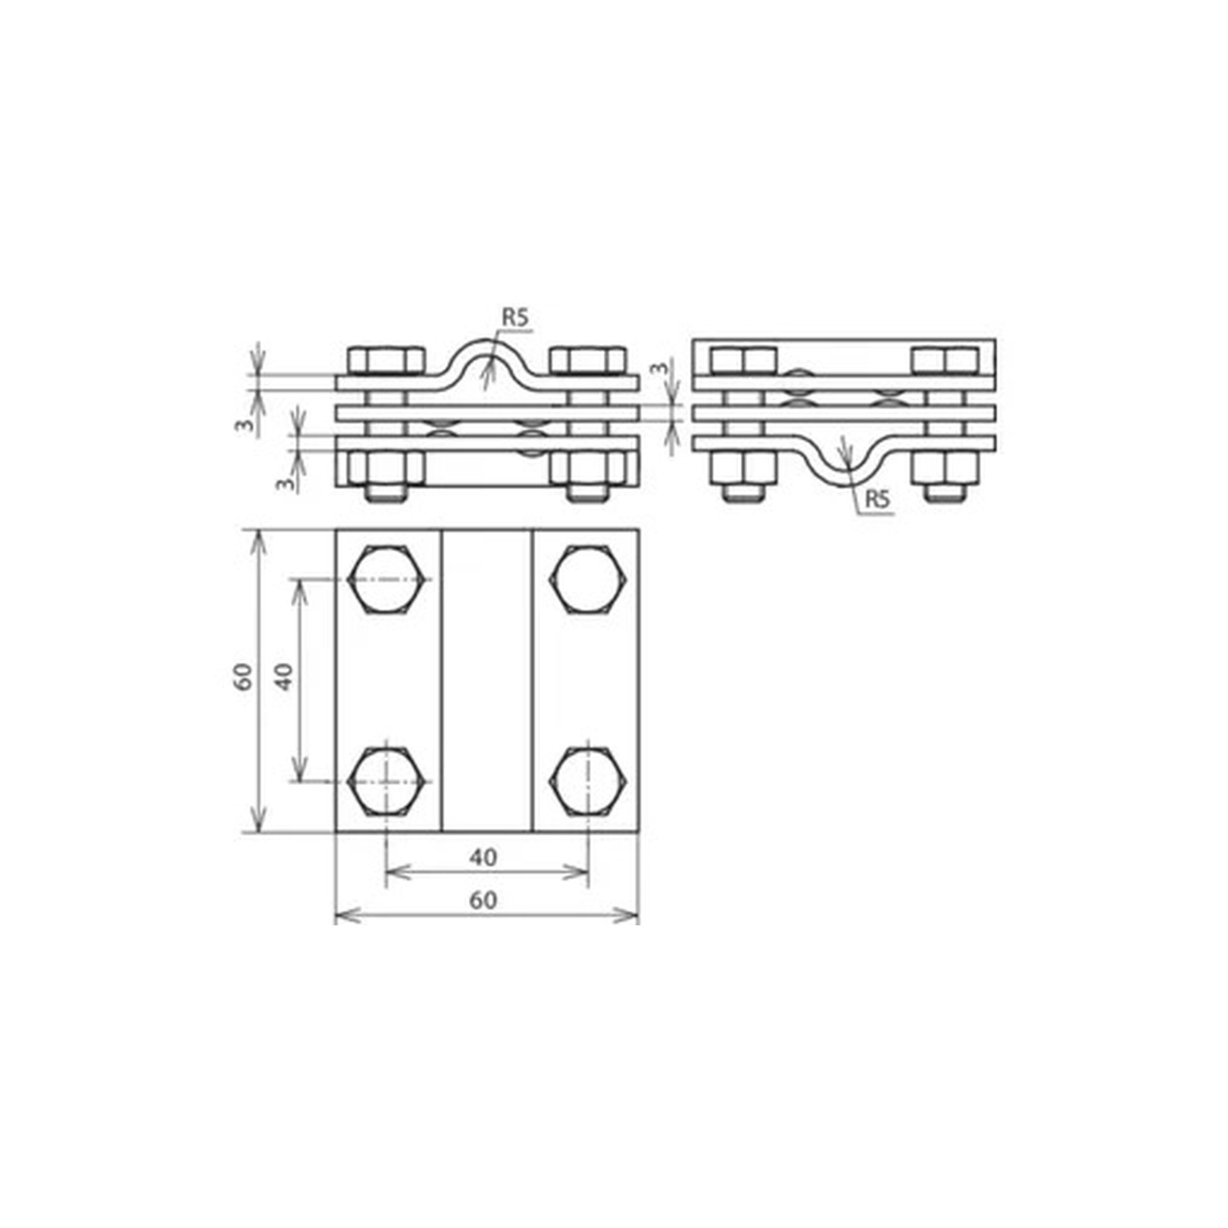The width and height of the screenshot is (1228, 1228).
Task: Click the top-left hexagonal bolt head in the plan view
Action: tap(386, 579)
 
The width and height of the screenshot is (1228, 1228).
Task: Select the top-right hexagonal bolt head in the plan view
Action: tap(589, 579)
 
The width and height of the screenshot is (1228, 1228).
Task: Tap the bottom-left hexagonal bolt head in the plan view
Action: tap(386, 781)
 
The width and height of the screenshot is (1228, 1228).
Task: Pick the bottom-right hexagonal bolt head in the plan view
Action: tap(589, 781)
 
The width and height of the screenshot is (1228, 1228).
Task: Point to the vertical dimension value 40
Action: tap(285, 676)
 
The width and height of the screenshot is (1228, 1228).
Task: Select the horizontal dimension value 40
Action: tap(484, 857)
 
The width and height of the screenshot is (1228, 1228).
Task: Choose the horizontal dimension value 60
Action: tap(484, 901)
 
